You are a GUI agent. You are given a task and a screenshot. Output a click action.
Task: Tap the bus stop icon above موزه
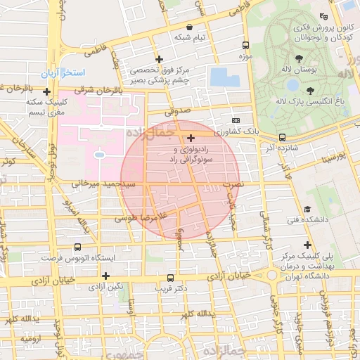245,44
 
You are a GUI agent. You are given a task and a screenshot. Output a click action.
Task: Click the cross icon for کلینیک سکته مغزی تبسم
47,91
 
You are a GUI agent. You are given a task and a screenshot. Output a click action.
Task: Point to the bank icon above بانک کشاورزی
236,121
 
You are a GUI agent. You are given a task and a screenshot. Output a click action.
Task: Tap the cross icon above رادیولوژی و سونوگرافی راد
192,139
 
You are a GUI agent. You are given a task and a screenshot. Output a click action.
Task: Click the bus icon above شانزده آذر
282,138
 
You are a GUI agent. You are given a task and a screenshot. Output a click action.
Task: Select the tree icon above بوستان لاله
300,58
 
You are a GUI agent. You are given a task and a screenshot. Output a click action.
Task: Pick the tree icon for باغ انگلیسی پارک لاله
310,91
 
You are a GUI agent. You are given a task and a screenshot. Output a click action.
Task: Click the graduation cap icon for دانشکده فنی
307,210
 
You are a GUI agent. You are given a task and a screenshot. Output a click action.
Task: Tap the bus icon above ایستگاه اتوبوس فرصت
77,247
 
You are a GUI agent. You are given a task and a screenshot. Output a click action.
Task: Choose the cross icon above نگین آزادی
106,276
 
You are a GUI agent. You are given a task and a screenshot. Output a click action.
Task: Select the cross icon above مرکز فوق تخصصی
160,59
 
